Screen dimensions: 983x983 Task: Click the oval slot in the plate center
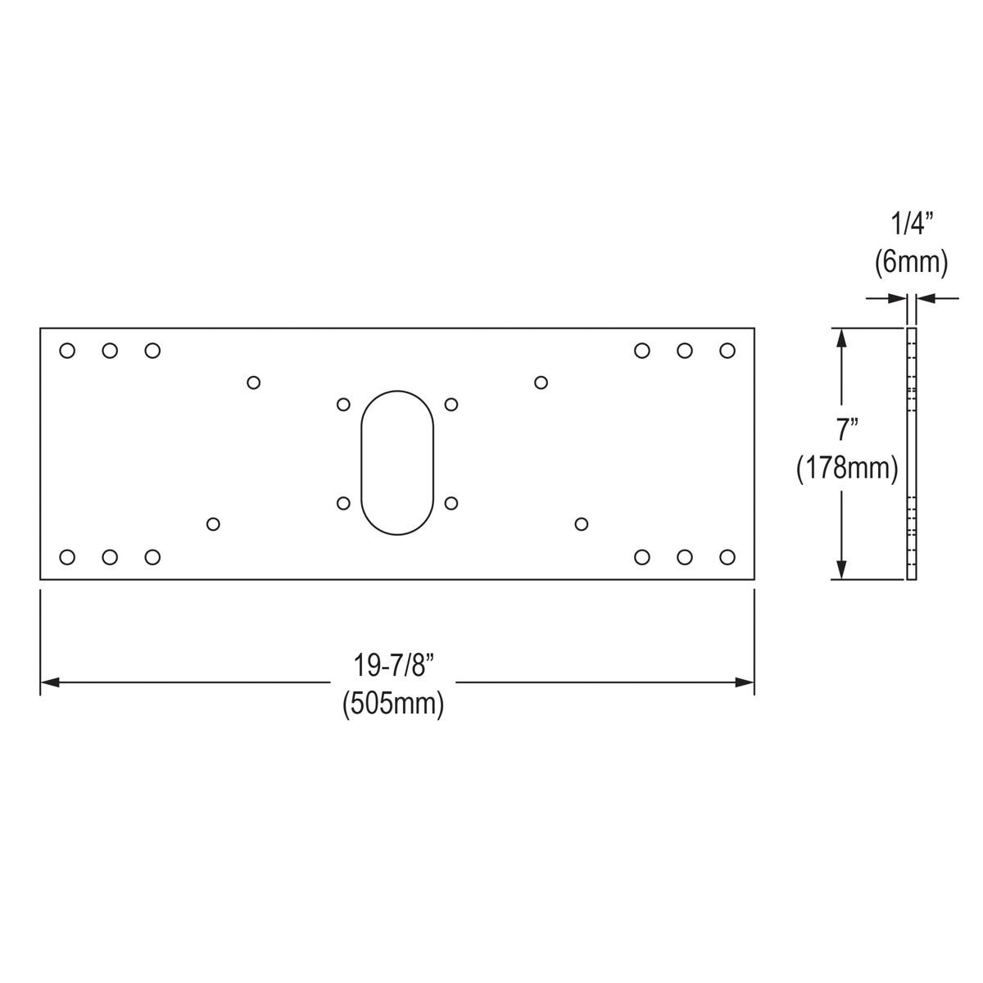click(x=397, y=463)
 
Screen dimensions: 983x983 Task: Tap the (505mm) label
click(x=393, y=704)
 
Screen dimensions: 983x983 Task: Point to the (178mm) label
click(x=847, y=469)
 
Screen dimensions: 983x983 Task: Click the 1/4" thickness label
click(x=911, y=224)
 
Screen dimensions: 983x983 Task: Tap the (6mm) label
click(x=911, y=262)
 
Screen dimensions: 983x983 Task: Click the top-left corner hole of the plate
click(x=67, y=351)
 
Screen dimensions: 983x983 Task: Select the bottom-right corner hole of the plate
click(x=727, y=557)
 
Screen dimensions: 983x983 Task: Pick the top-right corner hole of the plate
click(x=727, y=351)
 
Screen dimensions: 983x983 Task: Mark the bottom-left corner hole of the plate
click(x=67, y=557)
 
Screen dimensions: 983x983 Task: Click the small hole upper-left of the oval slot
click(x=344, y=405)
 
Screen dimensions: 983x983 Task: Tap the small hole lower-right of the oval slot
click(x=451, y=503)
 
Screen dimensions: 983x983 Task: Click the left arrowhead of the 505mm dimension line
click(x=49, y=682)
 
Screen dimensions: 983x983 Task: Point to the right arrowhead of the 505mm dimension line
click(x=745, y=682)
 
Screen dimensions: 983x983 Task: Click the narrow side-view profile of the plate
click(x=912, y=453)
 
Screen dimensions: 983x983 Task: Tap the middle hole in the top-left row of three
click(x=110, y=351)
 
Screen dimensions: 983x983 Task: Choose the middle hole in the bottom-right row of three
click(x=685, y=557)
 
